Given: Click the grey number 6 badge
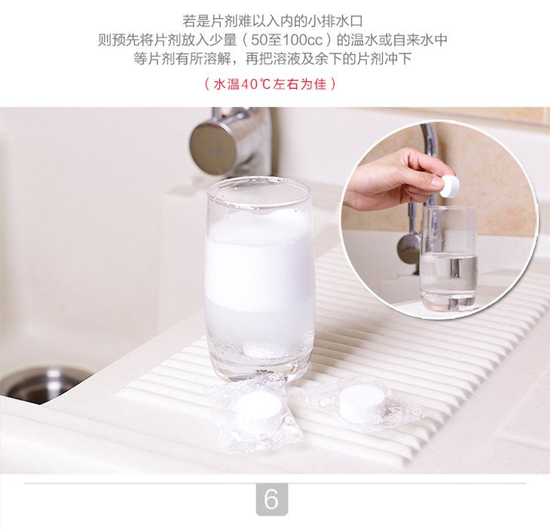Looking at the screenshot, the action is point(272,499).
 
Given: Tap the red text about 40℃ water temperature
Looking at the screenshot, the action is point(270,84).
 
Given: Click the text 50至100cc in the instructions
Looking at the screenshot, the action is point(286,40).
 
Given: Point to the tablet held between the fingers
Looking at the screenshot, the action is point(449,186).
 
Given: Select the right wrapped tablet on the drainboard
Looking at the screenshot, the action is point(362,403).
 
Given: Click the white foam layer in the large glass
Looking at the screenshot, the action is point(259,261).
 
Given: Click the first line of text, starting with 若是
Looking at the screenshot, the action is point(273,21).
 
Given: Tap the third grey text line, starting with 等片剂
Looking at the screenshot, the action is point(273,59).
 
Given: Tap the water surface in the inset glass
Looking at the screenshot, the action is point(448,256).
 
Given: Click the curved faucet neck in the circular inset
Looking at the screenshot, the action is point(429,148).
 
